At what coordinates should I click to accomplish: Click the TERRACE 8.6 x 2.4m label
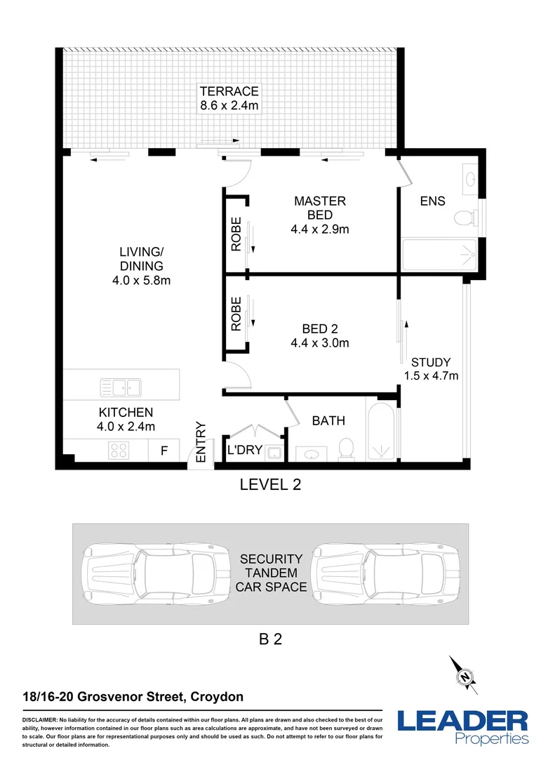click(229, 98)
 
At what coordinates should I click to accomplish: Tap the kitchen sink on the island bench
click(121, 387)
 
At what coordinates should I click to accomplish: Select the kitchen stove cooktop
click(119, 450)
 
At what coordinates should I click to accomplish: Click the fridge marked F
click(164, 450)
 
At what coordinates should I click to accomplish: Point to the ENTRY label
click(201, 442)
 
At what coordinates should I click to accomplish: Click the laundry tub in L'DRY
click(275, 453)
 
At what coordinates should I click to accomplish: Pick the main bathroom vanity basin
click(311, 454)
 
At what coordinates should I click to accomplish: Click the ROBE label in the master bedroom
click(236, 234)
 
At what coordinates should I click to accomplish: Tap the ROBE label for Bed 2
click(236, 314)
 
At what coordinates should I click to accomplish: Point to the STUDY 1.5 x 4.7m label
click(431, 369)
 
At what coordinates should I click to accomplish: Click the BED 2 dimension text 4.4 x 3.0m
click(319, 343)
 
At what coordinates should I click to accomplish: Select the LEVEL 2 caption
click(270, 484)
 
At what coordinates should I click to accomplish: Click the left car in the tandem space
click(156, 573)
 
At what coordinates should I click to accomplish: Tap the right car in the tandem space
click(385, 573)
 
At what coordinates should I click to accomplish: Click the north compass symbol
click(464, 676)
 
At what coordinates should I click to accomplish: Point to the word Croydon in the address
click(217, 697)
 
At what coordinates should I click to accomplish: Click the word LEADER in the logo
click(462, 722)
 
